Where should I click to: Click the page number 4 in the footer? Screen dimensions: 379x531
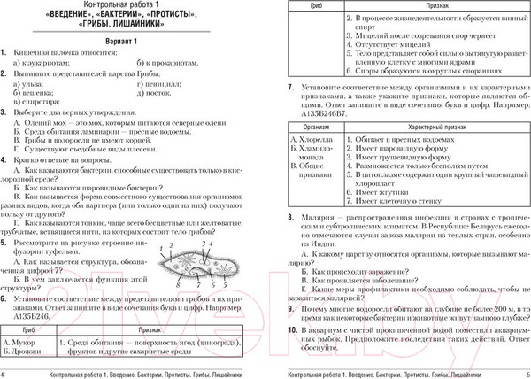(6, 372)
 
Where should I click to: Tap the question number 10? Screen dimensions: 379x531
(293, 329)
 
